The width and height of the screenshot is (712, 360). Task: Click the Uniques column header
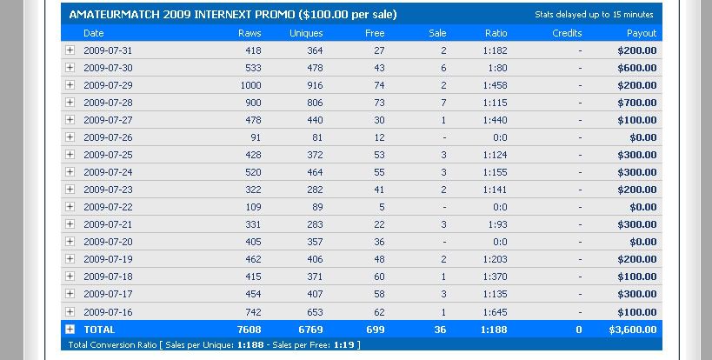coord(306,33)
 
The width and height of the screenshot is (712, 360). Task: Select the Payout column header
coord(642,33)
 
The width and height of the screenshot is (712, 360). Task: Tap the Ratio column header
coord(496,33)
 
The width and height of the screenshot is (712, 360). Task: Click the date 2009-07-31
coord(108,50)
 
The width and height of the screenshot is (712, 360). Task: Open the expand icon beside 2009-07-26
coord(70,137)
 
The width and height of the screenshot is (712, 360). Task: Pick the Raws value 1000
coord(250,85)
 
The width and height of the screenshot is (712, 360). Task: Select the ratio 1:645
coord(496,311)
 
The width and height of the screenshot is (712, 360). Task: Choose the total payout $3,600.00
coord(629,330)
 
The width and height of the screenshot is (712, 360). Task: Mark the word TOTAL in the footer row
coord(99,330)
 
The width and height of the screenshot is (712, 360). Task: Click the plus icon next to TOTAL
coord(70,330)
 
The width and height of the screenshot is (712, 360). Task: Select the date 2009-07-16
coord(108,311)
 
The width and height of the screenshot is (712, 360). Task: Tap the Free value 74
coord(379,85)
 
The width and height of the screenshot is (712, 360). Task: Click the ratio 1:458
coord(496,85)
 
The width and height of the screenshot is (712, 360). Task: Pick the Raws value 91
coord(254,137)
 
